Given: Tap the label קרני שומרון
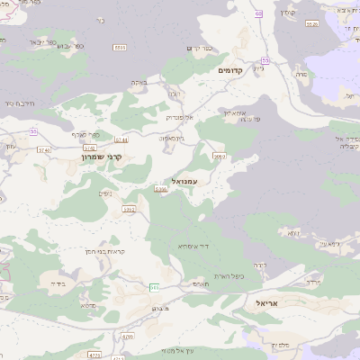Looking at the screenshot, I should coord(101,157).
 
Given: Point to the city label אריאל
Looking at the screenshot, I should coord(270,303).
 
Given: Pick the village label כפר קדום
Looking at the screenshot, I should coord(199,49).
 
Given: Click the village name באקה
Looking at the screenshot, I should coord(139,83).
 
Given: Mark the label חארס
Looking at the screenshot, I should coord(201,283).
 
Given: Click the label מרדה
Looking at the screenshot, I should coord(313,283).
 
